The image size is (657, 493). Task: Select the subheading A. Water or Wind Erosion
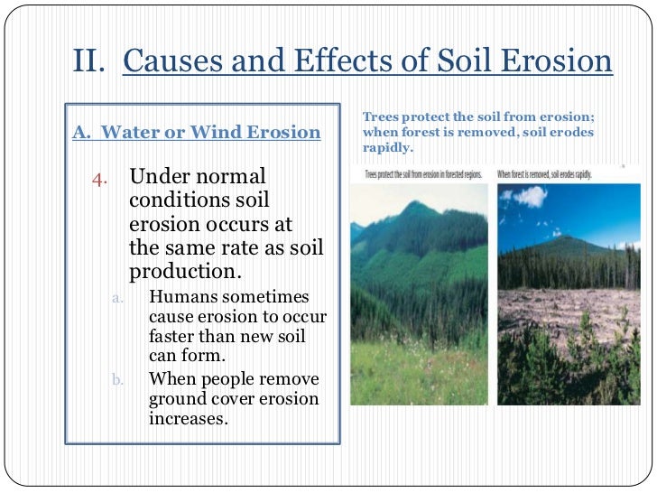(x=196, y=132)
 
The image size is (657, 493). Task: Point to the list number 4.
(x=101, y=176)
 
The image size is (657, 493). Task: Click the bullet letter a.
(x=117, y=297)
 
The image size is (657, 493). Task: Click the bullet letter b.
(x=117, y=379)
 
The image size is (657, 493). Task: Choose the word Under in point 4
(x=159, y=176)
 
